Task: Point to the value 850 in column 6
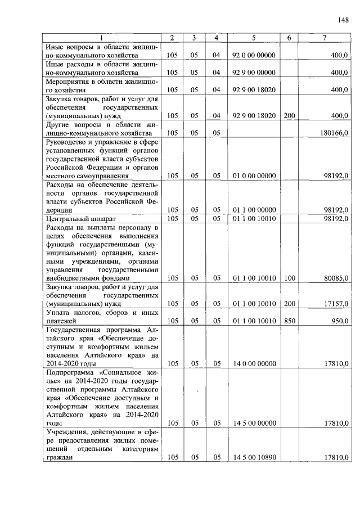coord(289,321)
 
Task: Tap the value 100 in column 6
coord(289,278)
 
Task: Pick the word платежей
coord(62,321)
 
